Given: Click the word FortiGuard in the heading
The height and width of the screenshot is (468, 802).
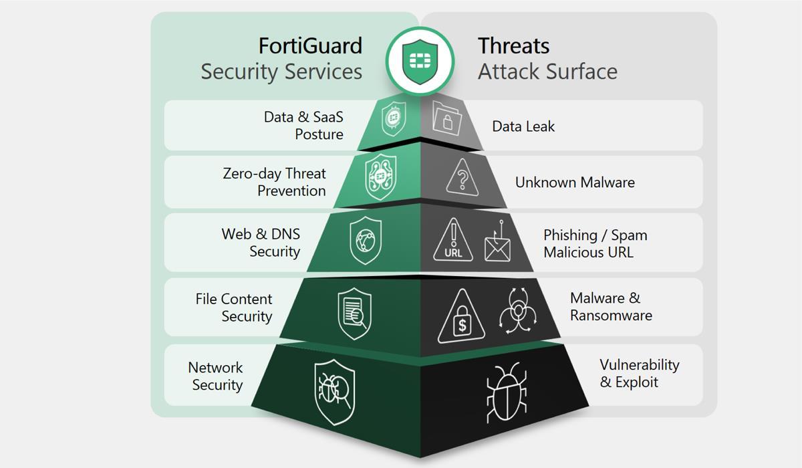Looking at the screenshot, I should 310,45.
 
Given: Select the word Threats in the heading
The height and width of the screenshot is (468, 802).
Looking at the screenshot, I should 513,45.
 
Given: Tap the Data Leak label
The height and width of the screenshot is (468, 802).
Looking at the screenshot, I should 523,126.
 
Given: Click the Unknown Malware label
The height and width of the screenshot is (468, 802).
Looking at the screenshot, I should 575,182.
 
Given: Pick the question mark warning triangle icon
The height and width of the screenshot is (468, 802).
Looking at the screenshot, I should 461,179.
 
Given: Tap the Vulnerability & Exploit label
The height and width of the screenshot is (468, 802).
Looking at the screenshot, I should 639,373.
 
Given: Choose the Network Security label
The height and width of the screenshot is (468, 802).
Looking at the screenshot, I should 216,376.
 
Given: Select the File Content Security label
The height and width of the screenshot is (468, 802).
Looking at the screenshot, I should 234,308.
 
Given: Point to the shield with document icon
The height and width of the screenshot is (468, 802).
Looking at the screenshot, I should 354,313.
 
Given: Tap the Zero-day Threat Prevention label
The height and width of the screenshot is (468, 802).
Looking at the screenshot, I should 275,182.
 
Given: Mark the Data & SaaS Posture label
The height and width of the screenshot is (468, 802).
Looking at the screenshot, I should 303,126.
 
